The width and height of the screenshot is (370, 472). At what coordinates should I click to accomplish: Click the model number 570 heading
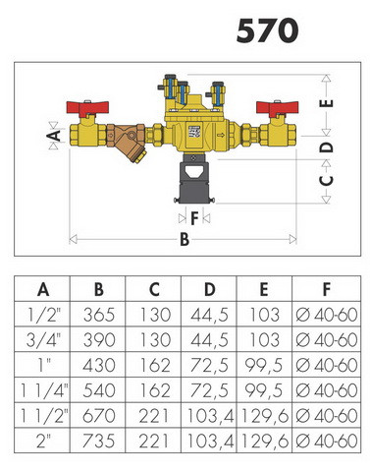coord(267,30)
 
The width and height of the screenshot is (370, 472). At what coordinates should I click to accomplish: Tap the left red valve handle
coord(87,107)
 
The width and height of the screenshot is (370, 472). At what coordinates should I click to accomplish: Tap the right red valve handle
coord(278,107)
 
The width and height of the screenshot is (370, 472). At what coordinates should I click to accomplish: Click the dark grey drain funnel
coord(194,179)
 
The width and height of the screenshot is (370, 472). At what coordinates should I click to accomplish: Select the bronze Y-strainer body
coord(127,141)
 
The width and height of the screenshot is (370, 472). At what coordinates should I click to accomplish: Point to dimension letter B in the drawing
coord(185,239)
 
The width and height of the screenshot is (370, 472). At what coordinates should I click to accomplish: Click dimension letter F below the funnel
coord(194,218)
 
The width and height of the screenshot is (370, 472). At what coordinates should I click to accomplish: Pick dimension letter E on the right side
coord(326,103)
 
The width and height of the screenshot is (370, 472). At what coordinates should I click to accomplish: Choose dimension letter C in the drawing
coord(326,180)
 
